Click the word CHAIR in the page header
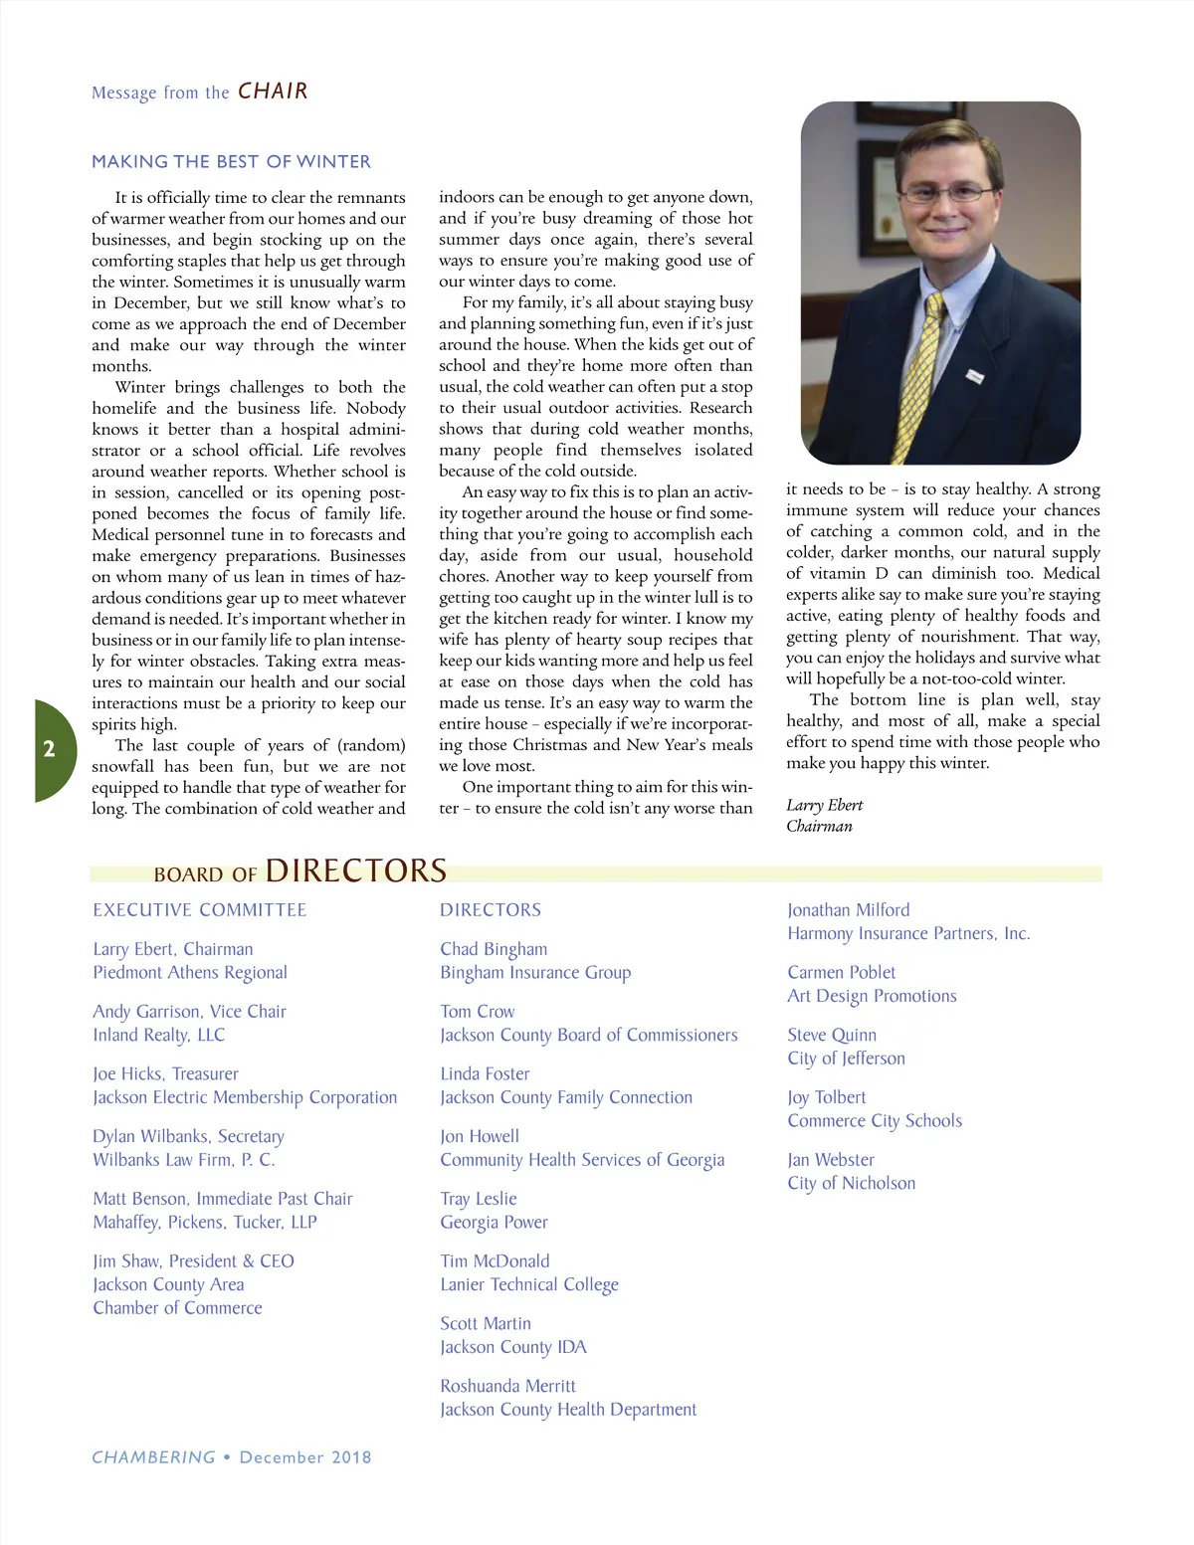[x=273, y=92]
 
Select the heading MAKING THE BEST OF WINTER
[x=231, y=161]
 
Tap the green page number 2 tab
[x=50, y=749]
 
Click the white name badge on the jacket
[x=975, y=376]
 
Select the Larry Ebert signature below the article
[x=824, y=805]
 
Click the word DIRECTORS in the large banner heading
[x=355, y=870]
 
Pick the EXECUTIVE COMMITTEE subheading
[x=200, y=910]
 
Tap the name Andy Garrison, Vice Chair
[x=189, y=1012]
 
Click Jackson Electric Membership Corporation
[x=245, y=1097]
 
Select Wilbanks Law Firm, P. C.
[x=184, y=1160]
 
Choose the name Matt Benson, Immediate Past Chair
[x=223, y=1199]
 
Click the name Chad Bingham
[x=494, y=949]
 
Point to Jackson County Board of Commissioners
[x=589, y=1035]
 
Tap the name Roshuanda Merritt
[x=507, y=1386]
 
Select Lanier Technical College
[x=529, y=1284]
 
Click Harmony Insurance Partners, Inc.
[x=908, y=933]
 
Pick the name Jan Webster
[x=831, y=1160]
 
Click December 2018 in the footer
[x=305, y=1457]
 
